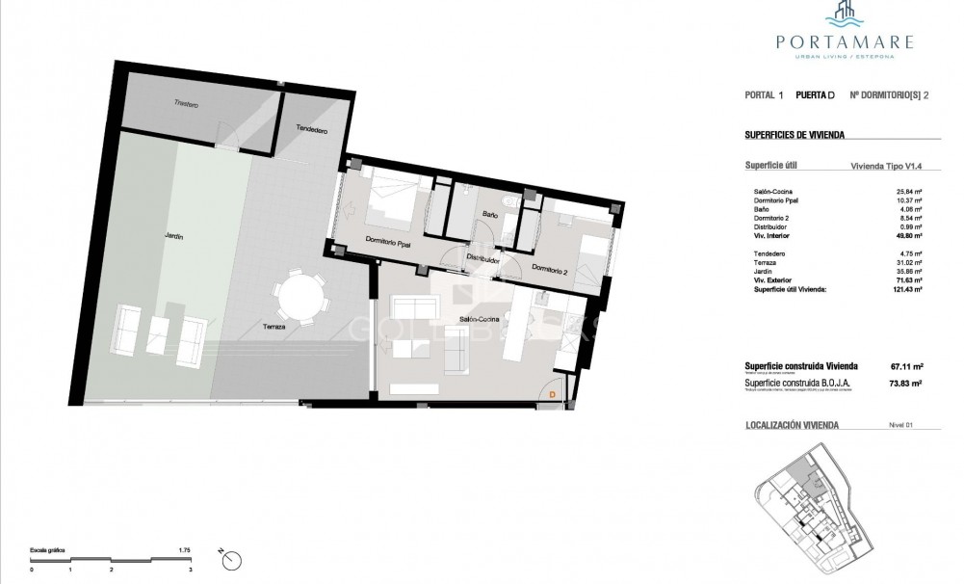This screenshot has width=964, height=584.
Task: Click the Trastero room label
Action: [186, 104]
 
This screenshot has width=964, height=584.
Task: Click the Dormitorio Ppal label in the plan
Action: [388, 242]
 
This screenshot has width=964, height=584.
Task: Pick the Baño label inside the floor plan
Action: [490, 216]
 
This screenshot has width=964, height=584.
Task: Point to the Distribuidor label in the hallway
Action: [482, 259]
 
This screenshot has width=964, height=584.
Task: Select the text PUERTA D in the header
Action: [817, 95]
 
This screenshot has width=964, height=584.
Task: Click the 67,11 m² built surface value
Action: [905, 366]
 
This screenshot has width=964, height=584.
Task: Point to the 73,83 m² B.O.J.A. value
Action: [905, 383]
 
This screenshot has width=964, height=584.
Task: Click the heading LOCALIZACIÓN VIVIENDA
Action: [792, 425]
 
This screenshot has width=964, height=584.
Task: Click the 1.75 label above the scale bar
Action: [185, 549]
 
